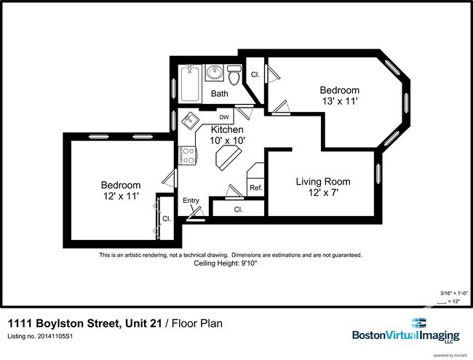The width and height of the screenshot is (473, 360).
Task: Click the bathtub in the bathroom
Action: coord(191,83)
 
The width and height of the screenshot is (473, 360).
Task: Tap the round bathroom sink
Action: coord(215,73)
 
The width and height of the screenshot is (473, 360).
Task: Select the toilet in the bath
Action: coord(234,76)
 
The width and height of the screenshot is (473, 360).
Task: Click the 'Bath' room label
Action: coord(220,94)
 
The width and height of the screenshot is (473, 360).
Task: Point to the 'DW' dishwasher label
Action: coord(224,116)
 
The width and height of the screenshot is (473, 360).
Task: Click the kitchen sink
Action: coord(190,120)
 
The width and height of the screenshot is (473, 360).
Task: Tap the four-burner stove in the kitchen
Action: coord(188,154)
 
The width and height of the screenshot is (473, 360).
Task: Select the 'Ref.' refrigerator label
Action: coord(255,188)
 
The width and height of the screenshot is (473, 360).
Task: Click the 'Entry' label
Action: coord(191,201)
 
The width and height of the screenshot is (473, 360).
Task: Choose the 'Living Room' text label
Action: coord(322,181)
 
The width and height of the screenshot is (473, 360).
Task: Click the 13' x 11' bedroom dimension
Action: coord(339,102)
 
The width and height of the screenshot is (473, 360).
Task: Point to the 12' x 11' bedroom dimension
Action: coord(121,196)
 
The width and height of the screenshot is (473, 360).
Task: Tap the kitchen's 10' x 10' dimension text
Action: coord(227,140)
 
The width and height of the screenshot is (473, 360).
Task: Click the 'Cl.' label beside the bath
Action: coord(255,75)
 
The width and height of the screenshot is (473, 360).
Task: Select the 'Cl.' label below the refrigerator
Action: coord(238,209)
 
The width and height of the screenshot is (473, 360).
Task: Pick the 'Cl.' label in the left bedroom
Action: coord(166,218)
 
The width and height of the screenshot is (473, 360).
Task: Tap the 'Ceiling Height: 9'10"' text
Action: coord(230,263)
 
